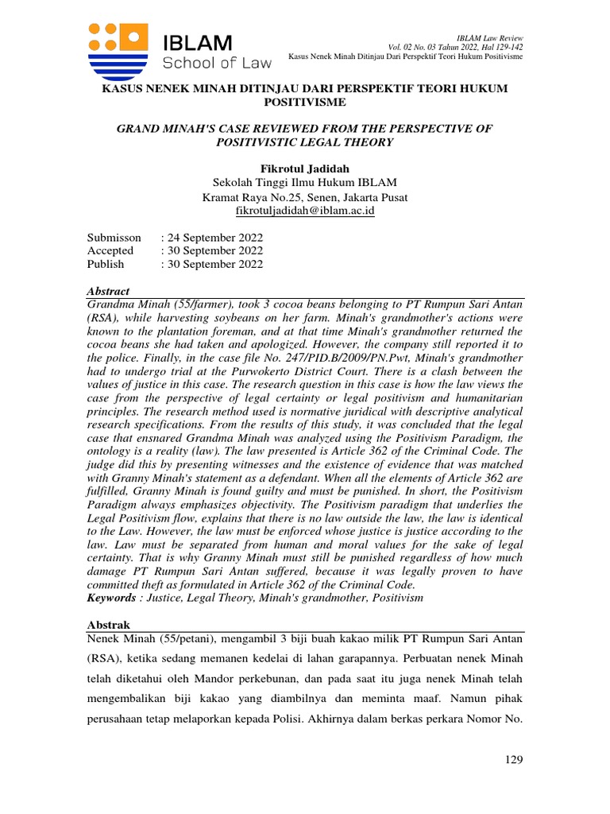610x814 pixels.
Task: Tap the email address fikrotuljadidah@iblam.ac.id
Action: tap(305, 211)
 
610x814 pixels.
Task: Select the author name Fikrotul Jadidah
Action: tap(305, 169)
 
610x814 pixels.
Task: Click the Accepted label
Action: tap(110, 251)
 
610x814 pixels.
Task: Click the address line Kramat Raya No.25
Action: tap(305, 197)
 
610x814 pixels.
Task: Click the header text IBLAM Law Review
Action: tap(491, 39)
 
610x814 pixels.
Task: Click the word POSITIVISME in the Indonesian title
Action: tap(305, 103)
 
